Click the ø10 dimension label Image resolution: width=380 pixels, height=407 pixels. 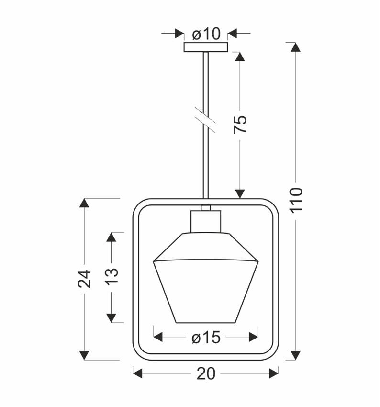[206, 34]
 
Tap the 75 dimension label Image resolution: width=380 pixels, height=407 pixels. [240, 124]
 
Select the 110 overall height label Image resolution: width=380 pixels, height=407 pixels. [296, 200]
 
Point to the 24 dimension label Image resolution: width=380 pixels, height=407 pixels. [84, 279]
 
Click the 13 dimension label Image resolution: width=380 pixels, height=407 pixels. [112, 276]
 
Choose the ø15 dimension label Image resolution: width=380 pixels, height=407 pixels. [206, 338]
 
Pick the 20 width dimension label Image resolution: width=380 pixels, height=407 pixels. [206, 374]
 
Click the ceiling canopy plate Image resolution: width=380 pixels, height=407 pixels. [206, 47]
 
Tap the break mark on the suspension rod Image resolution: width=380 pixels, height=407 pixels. [205, 120]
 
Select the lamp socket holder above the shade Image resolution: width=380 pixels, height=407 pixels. [206, 221]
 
